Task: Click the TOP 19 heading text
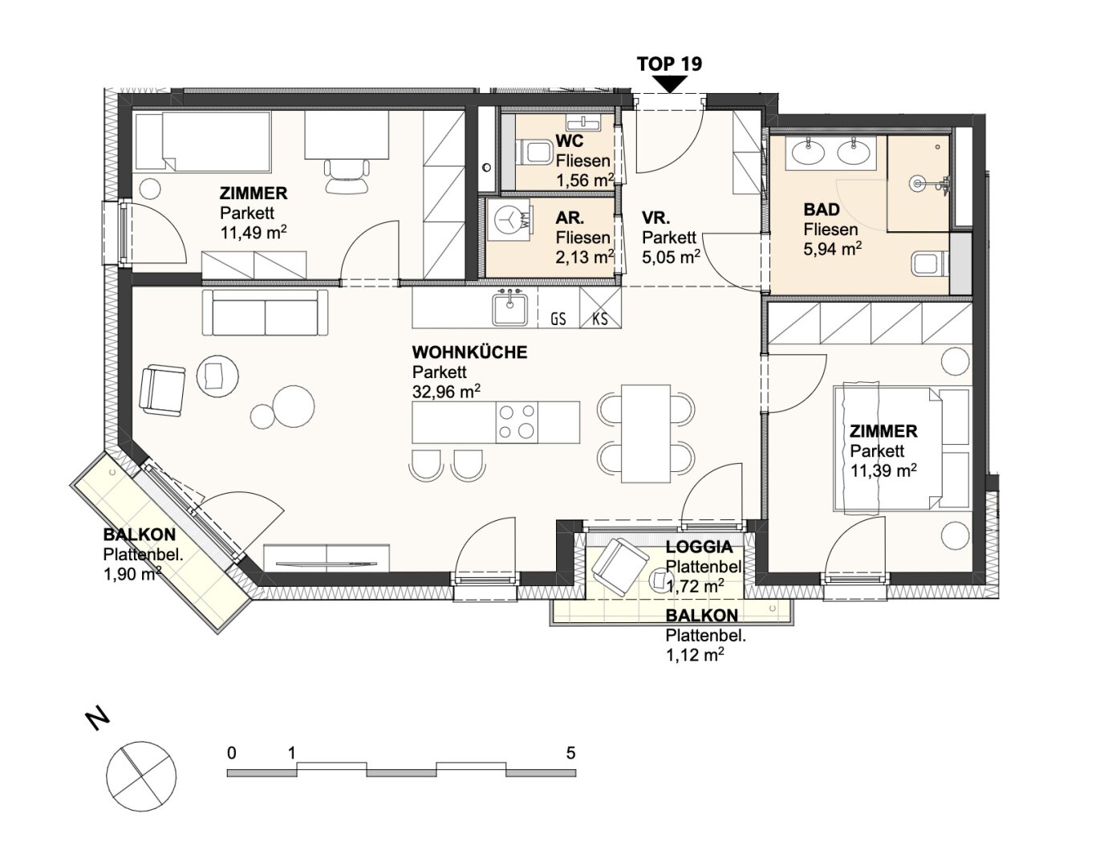click(669, 64)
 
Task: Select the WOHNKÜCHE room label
click(469, 352)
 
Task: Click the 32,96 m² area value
click(446, 392)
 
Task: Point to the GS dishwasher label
click(558, 319)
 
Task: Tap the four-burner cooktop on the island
click(517, 422)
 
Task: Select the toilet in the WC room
click(534, 152)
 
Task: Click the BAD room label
click(822, 210)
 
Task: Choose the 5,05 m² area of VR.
click(671, 256)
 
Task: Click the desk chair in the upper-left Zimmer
click(348, 176)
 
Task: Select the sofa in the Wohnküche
click(265, 312)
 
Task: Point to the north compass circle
click(141, 776)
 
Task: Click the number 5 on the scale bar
click(571, 753)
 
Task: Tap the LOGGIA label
click(699, 547)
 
